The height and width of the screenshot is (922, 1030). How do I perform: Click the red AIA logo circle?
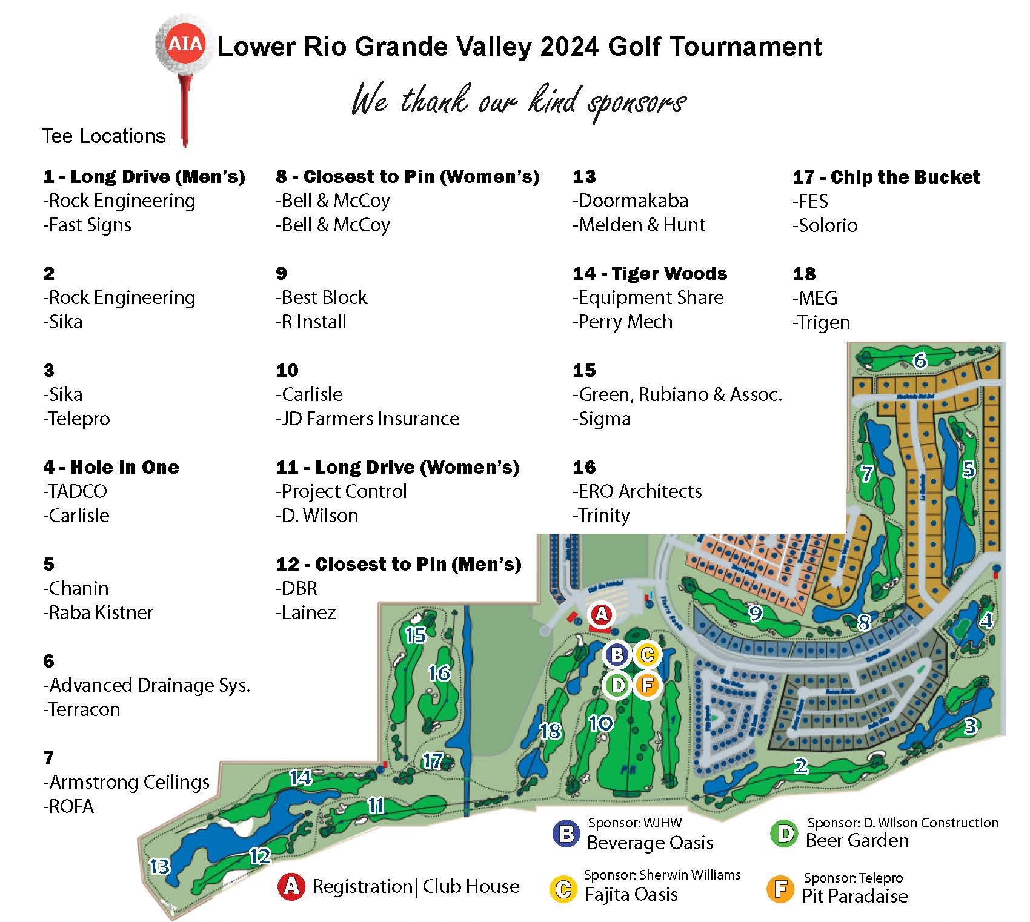(185, 45)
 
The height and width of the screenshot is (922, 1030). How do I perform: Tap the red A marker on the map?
(601, 614)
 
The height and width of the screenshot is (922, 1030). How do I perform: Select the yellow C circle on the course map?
(646, 655)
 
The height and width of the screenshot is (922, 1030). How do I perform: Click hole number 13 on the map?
(160, 866)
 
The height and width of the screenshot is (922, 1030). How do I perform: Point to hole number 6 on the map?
(920, 361)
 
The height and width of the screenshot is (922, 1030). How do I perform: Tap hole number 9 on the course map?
(755, 614)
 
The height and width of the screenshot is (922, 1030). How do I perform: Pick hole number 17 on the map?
(433, 761)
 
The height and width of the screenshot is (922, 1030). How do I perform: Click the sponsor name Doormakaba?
(633, 201)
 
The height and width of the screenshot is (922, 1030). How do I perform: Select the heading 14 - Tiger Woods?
(650, 273)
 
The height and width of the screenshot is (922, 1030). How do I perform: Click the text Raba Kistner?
(101, 612)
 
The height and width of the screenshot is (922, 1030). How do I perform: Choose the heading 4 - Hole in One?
(111, 467)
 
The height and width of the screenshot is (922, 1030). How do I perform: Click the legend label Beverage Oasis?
(650, 843)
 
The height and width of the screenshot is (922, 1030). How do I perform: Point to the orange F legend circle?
(780, 889)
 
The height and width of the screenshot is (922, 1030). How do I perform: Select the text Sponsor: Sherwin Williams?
(662, 875)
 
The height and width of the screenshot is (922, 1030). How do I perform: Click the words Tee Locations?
(104, 136)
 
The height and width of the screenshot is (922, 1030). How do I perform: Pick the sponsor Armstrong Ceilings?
(129, 782)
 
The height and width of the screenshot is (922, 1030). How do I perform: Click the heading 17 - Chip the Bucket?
(886, 177)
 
